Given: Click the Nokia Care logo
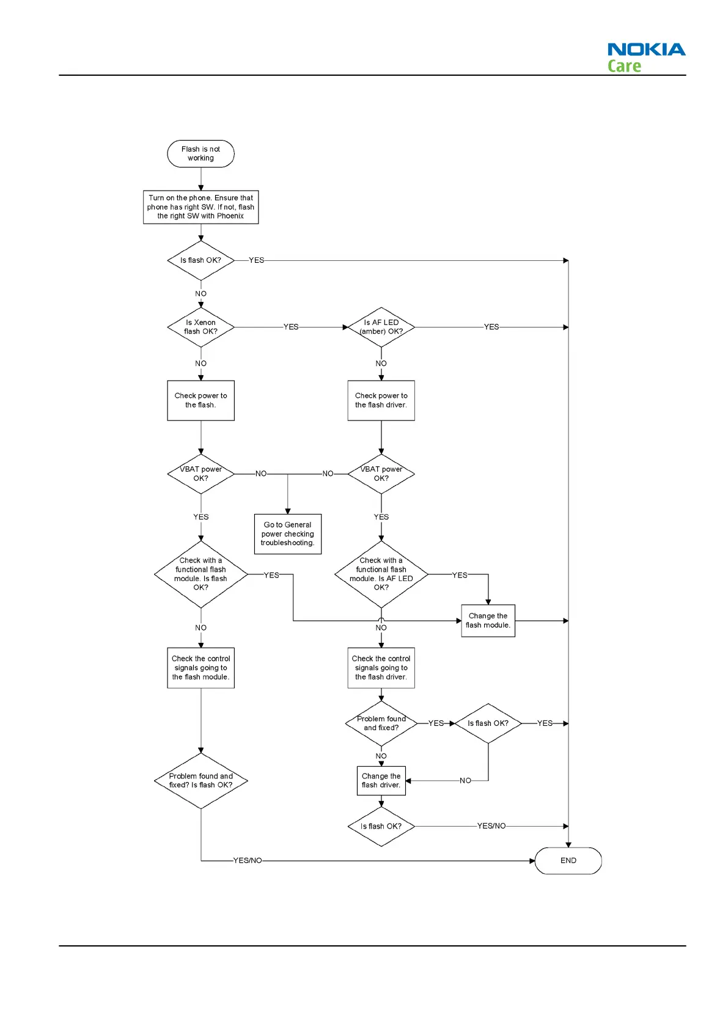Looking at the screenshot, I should click(x=645, y=57).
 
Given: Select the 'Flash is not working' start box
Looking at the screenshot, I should click(x=200, y=153).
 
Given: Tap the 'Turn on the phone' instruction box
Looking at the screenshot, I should click(x=200, y=207).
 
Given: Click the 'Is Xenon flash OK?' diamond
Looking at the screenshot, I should click(x=200, y=327).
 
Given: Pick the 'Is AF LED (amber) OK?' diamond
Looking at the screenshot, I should click(x=381, y=327).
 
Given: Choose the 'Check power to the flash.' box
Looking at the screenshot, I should click(x=200, y=400).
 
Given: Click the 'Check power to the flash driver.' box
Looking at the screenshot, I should click(x=381, y=400).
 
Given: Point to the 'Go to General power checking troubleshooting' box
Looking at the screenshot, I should click(x=287, y=533).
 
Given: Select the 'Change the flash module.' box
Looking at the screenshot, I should click(x=488, y=620).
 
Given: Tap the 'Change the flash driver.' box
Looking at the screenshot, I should click(x=381, y=780).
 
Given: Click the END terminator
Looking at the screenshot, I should click(x=568, y=860).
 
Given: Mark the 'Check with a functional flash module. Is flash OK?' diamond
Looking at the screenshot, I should click(x=200, y=574).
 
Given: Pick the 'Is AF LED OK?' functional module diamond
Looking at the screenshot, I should click(x=381, y=574).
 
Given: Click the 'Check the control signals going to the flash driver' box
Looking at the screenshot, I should click(x=381, y=667).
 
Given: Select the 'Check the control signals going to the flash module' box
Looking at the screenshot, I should click(x=200, y=667).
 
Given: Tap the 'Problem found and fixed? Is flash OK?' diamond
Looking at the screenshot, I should click(x=200, y=780).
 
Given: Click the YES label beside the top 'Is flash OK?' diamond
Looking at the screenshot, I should click(x=257, y=260).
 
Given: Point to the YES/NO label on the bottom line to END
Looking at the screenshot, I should click(x=248, y=860).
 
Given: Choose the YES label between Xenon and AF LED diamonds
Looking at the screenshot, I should click(x=291, y=327).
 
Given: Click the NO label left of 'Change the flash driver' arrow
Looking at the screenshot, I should click(x=465, y=780).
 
